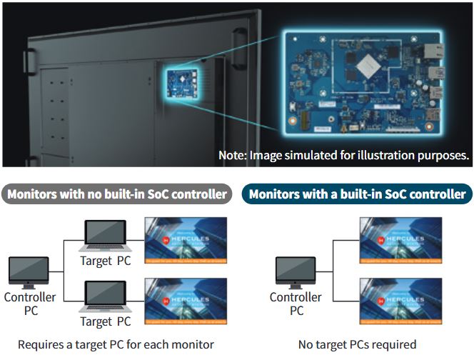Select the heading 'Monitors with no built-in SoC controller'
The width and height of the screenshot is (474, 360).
click(x=117, y=194)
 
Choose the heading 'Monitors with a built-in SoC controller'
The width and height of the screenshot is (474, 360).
click(x=357, y=194)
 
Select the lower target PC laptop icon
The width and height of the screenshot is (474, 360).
click(x=105, y=296)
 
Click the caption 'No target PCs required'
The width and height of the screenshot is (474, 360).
click(x=357, y=344)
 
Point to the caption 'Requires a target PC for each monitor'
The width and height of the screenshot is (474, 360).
click(x=116, y=344)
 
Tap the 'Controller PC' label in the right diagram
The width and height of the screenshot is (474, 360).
click(x=296, y=304)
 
